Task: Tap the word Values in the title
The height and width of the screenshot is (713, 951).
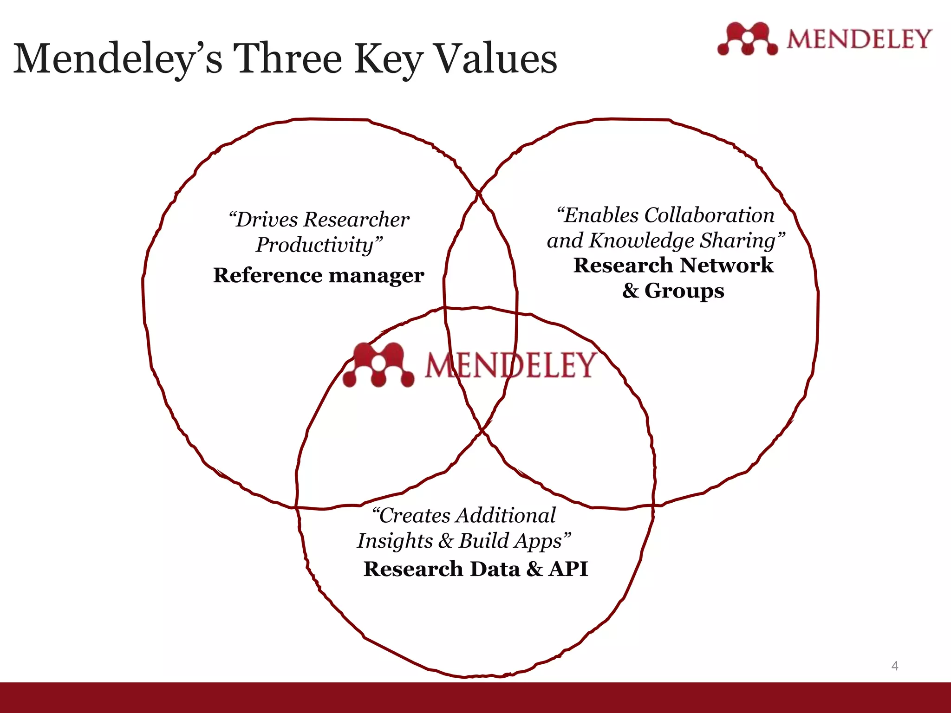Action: [496, 59]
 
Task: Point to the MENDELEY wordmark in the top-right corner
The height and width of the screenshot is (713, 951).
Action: [859, 39]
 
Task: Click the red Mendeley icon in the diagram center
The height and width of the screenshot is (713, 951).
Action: [378, 365]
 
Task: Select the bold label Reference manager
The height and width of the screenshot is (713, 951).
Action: [319, 275]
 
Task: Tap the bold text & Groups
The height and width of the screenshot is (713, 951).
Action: [673, 291]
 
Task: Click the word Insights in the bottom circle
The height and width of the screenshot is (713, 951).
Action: [395, 541]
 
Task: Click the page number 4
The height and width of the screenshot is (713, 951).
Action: [894, 666]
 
